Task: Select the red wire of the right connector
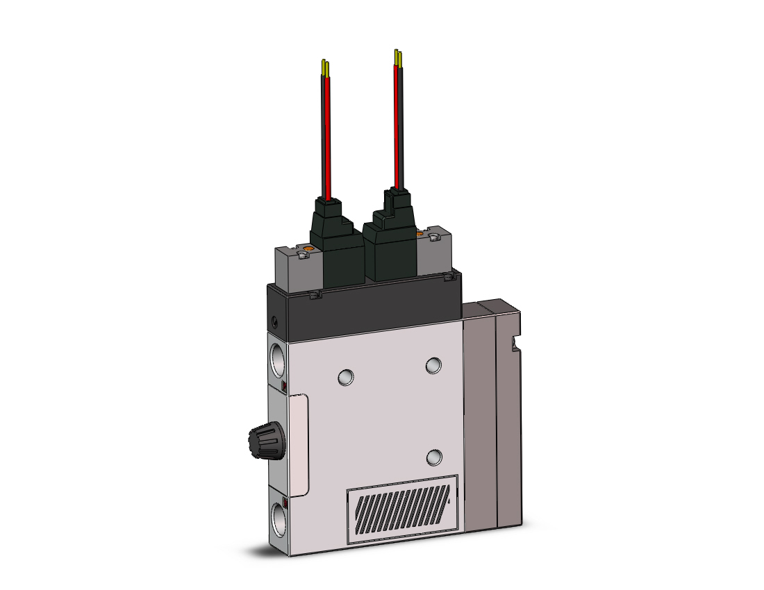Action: click(397, 125)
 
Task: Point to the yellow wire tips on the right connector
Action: click(397, 56)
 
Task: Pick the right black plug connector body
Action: click(395, 236)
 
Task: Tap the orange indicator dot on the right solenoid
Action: click(419, 235)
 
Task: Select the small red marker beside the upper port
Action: click(284, 386)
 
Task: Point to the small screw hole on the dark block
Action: click(276, 321)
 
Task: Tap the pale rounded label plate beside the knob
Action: click(299, 445)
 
